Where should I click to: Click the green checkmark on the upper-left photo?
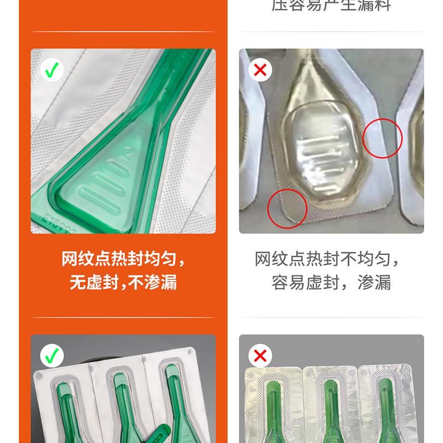[x=53, y=70]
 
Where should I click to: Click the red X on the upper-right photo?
[x=260, y=70]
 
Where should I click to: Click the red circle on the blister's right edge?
[x=382, y=138]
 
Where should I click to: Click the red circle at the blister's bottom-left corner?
[x=287, y=208]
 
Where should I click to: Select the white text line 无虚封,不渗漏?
[x=123, y=282]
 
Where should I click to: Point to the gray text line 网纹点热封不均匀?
[x=327, y=259]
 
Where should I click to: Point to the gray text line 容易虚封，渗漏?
[x=331, y=282]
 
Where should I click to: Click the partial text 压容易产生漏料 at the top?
[x=331, y=6]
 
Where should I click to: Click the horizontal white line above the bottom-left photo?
[x=123, y=317]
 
